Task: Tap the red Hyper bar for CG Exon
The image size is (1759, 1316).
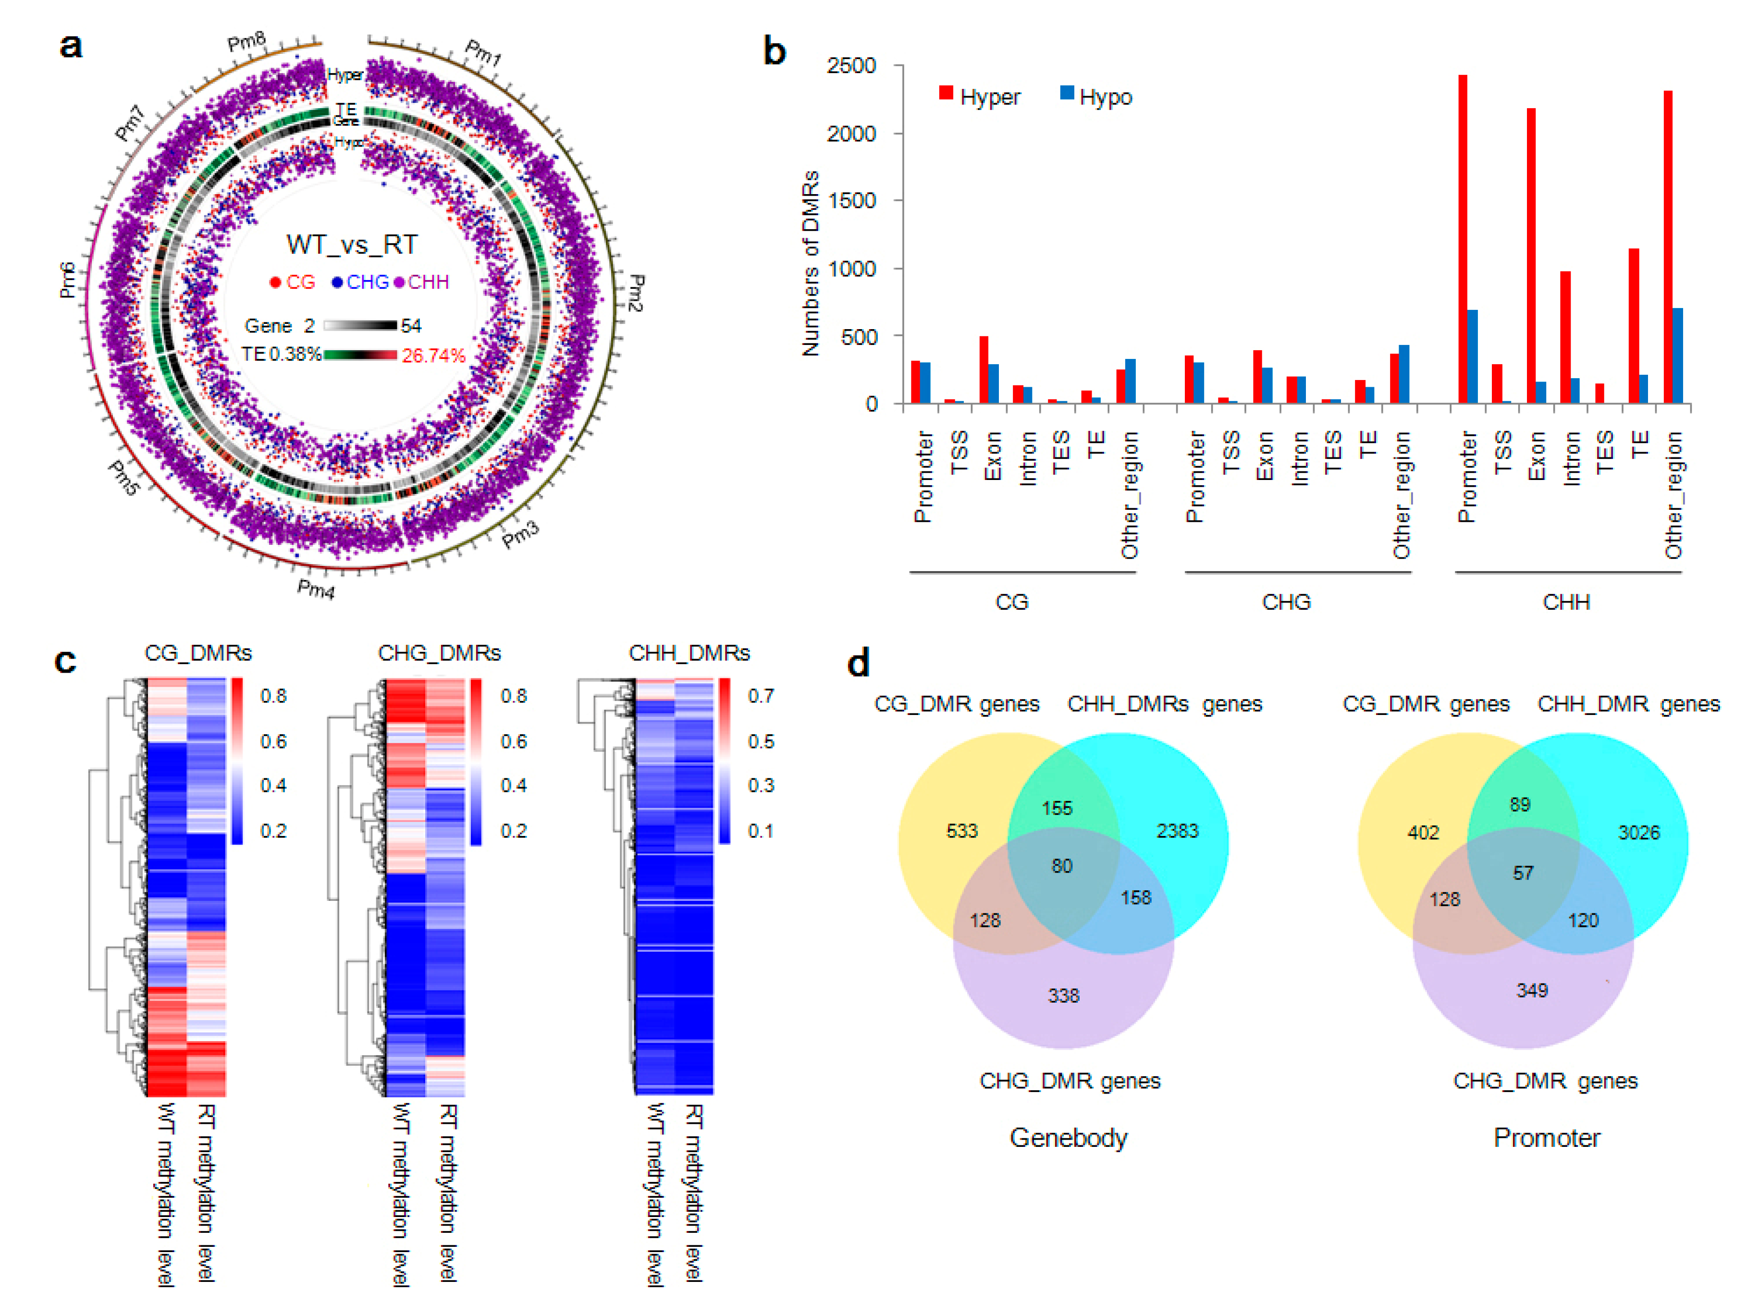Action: click(984, 370)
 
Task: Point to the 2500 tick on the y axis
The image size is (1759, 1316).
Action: click(852, 65)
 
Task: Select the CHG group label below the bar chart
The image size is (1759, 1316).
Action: click(1286, 602)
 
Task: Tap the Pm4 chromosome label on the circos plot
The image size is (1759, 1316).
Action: click(316, 589)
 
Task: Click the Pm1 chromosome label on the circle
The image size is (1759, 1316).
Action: click(483, 53)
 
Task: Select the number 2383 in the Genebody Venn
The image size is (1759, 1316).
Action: click(1177, 831)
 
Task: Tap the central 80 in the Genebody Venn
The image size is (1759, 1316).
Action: click(1062, 866)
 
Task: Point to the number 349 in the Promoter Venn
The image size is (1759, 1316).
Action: click(1532, 990)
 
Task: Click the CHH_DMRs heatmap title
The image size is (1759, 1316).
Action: click(689, 653)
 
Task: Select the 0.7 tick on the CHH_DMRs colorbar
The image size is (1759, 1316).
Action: click(760, 697)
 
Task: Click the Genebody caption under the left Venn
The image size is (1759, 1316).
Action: click(1068, 1137)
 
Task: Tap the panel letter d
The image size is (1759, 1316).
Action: click(859, 663)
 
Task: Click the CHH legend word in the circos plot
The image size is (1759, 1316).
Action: click(429, 283)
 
